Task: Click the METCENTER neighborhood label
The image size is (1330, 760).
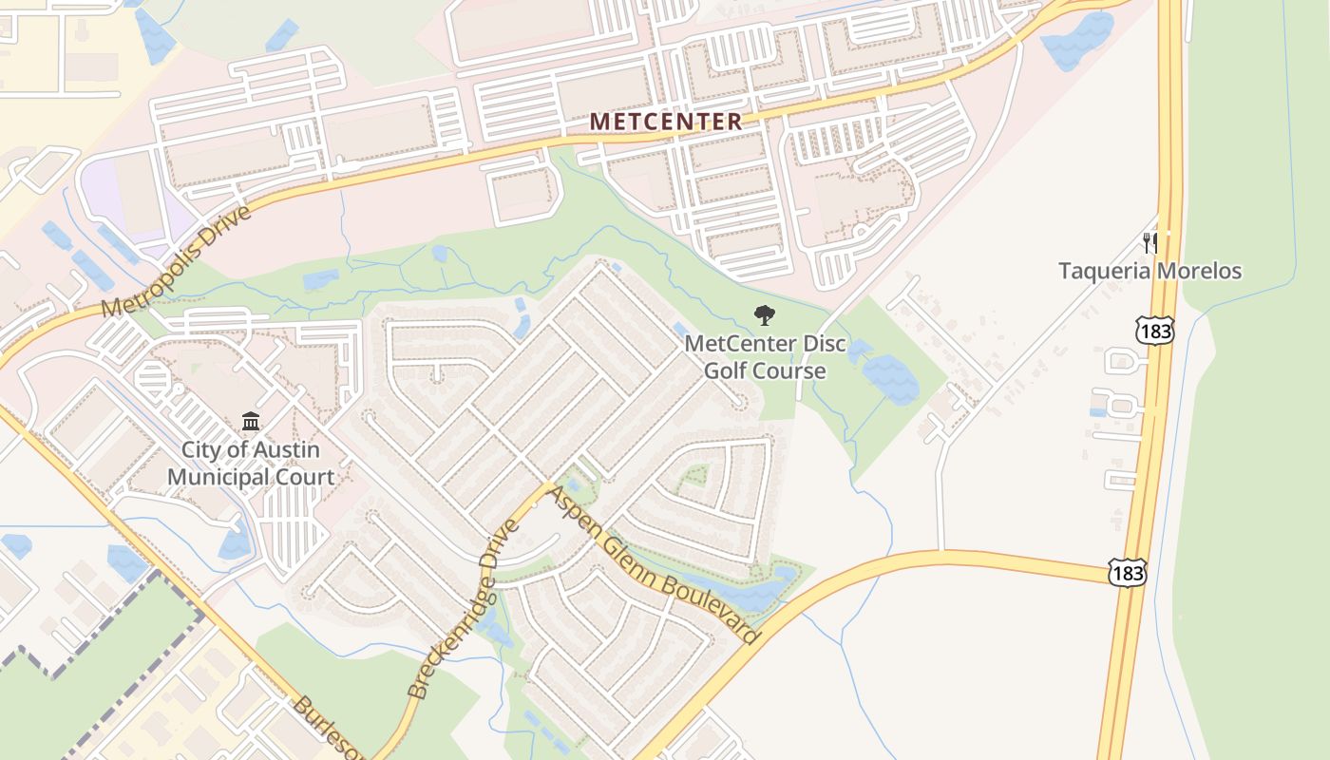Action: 665,122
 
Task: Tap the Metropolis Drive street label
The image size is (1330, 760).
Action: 177,261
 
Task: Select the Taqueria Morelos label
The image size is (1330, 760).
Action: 1150,271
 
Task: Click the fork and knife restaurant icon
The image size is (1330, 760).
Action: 1149,242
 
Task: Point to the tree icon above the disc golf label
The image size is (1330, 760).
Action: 764,315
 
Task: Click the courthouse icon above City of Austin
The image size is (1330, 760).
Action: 251,421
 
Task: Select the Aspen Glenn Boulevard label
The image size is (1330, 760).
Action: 655,566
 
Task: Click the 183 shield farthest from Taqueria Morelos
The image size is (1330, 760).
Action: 1127,572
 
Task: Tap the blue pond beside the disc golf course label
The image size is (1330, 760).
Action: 890,378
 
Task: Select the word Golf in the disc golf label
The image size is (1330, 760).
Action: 727,370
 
